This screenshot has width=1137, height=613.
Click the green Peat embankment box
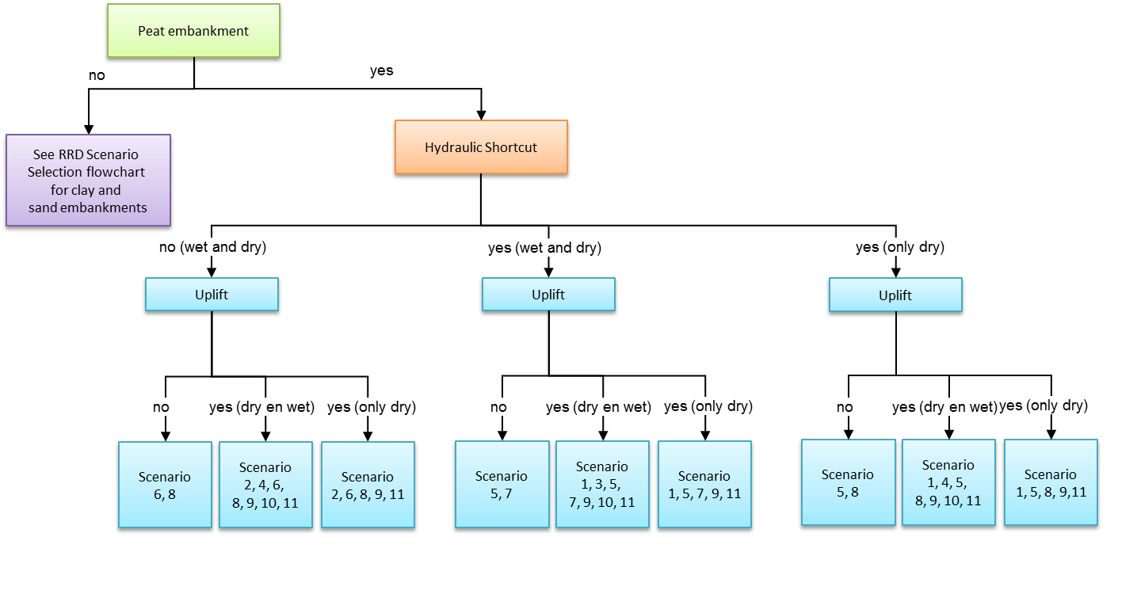[193, 32]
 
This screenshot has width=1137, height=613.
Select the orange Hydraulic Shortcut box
[481, 148]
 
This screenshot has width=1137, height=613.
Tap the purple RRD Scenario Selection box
[88, 181]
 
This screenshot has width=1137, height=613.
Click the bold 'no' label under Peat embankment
[97, 76]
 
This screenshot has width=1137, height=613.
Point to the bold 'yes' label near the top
[382, 71]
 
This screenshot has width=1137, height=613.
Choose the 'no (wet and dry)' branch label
[212, 247]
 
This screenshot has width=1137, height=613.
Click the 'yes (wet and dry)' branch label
[544, 248]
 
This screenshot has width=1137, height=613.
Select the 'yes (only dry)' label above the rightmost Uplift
[900, 247]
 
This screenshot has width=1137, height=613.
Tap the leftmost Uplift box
[212, 295]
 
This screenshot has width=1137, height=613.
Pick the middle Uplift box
[548, 295]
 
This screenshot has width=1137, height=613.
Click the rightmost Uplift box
[895, 296]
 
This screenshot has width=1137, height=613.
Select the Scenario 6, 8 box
[165, 485]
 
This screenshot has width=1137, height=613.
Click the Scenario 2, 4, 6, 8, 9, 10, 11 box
[265, 485]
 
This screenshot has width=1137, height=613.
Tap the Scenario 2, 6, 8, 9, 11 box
[368, 485]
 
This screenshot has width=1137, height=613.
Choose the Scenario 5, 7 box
[502, 484]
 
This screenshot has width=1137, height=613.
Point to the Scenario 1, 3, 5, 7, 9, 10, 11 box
[602, 484]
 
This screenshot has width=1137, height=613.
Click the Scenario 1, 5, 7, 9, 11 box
[704, 484]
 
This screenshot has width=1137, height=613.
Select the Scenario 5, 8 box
[848, 482]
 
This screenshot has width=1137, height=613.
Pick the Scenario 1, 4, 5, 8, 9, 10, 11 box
[948, 482]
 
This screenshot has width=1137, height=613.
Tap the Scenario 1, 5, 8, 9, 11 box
[1051, 482]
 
